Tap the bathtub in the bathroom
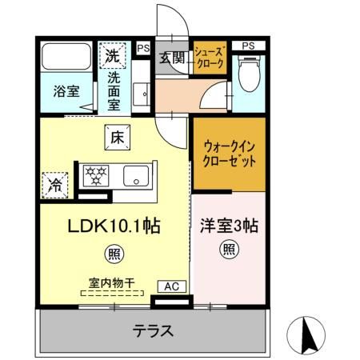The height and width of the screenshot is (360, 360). point(66,58)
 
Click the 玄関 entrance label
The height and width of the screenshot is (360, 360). point(170,57)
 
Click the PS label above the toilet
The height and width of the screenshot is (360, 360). point(249,46)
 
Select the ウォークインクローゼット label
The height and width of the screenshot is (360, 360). point(229,154)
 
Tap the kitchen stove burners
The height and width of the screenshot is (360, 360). point(97,174)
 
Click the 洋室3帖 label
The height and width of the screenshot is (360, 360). point(229,226)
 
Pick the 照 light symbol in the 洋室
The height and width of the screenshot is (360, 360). point(228,249)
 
